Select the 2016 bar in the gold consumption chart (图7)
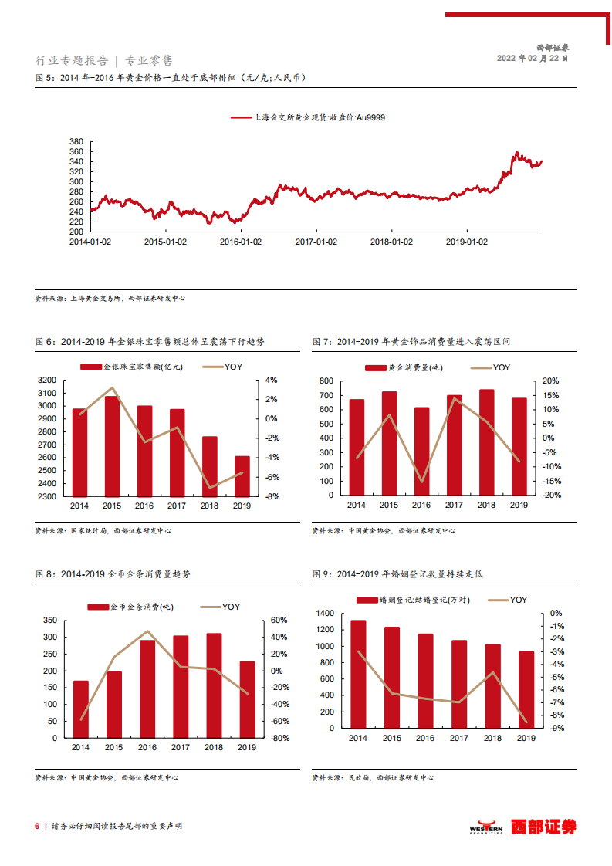point(421,452)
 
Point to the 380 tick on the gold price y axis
point(76,142)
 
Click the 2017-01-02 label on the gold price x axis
point(316,242)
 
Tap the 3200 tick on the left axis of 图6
point(47,380)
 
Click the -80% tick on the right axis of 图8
point(279,739)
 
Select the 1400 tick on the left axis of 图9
point(325,613)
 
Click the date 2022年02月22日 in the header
point(532,58)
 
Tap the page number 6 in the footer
point(36,826)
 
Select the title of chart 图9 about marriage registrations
point(397,574)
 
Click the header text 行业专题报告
point(73,60)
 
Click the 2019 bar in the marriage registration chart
point(526,690)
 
